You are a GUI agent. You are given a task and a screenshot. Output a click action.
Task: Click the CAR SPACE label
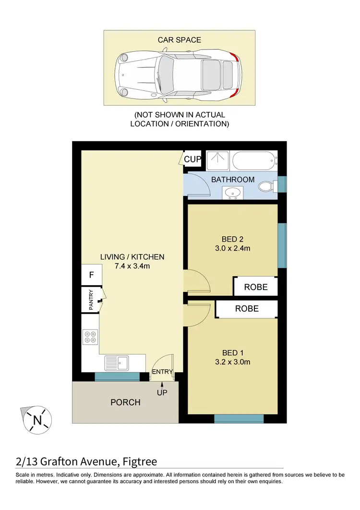pos(180,40)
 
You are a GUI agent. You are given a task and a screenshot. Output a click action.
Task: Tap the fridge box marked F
pos(91,276)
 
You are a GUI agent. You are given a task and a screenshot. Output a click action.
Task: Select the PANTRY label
pos(90,300)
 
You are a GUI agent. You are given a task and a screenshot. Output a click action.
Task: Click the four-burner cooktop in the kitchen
pos(90,336)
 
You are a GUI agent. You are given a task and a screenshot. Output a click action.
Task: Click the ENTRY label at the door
pos(163,372)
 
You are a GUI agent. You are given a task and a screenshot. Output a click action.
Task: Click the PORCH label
pos(126,402)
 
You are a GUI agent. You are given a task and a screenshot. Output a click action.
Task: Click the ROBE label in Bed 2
pos(255,287)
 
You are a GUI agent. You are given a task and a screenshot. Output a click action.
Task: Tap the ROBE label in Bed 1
pos(246,309)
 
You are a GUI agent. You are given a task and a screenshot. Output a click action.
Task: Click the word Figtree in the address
pos(138,462)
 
